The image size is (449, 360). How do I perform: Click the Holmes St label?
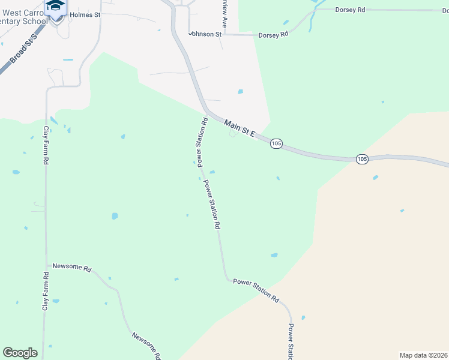(x=85, y=14)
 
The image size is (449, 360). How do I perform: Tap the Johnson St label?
(x=201, y=34)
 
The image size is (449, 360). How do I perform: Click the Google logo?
(x=20, y=353)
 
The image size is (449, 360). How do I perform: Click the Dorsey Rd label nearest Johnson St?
(x=273, y=35)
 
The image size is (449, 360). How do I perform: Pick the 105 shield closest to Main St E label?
(x=276, y=144)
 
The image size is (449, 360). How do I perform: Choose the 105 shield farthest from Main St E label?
(x=361, y=159)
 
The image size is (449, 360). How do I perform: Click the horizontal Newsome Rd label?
(x=71, y=268)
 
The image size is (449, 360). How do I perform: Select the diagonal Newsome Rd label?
(x=146, y=346)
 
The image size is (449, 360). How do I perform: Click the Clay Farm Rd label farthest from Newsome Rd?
(x=46, y=146)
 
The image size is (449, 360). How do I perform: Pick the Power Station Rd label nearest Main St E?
(x=202, y=142)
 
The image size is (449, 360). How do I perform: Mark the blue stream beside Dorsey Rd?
(x=312, y=19)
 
